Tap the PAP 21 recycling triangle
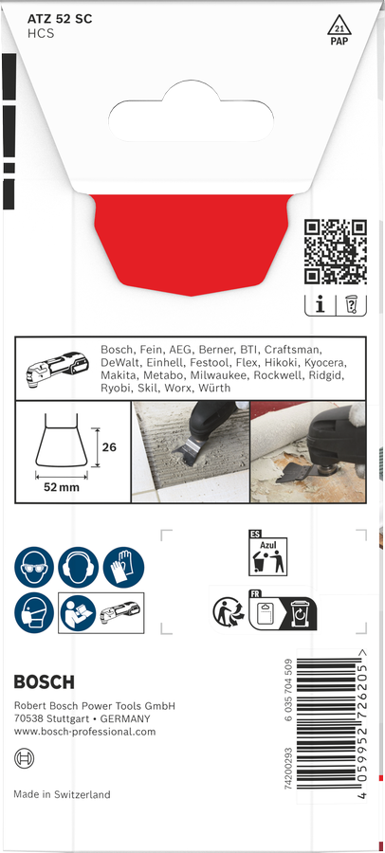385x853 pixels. [339, 28]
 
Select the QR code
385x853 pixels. [336, 252]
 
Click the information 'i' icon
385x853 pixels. [320, 305]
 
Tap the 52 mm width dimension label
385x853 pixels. [62, 487]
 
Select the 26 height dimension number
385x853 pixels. [109, 447]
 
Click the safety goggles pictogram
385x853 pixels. [34, 567]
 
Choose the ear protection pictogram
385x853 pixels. [79, 567]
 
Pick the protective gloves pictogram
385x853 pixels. [123, 567]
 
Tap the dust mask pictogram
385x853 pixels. [34, 612]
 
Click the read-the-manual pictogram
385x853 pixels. [79, 612]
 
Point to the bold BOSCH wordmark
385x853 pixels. [45, 682]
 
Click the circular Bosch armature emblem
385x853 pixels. [24, 757]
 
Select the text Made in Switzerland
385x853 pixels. [62, 794]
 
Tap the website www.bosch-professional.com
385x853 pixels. [85, 733]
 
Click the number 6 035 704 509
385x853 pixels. [289, 690]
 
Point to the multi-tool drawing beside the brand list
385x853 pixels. [57, 366]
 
